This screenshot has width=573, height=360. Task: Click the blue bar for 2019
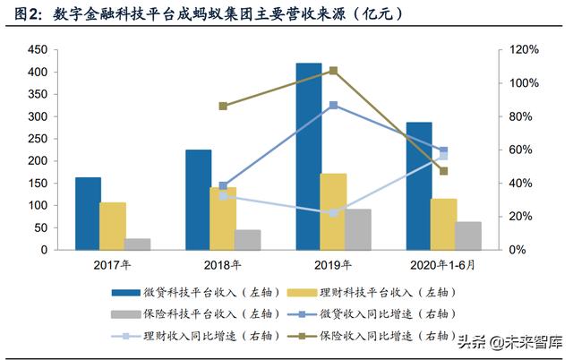pos(308,156)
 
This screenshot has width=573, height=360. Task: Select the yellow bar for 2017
pos(112,226)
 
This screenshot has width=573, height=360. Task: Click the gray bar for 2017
pos(138,244)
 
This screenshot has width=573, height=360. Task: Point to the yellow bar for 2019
pos(333,211)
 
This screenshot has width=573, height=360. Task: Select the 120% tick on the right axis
pos(524,50)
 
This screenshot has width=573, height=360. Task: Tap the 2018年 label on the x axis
pos(224,265)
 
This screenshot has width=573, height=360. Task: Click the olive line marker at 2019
pos(333,71)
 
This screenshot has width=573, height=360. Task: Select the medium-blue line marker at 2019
pos(333,105)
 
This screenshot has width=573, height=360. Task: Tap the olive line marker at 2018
pos(223,106)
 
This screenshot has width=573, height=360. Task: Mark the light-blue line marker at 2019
pos(333,212)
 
